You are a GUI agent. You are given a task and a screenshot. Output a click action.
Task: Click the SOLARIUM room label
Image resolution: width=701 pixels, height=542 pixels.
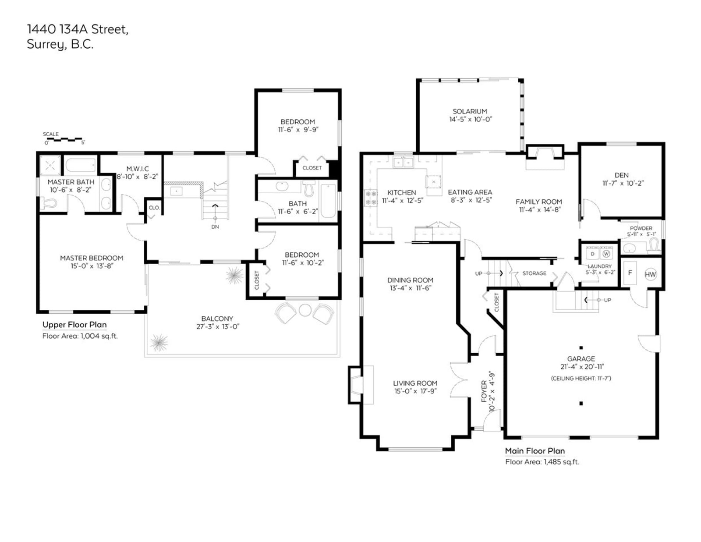click(x=470, y=111)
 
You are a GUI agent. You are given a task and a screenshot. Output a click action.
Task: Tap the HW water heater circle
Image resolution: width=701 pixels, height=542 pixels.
click(x=650, y=275)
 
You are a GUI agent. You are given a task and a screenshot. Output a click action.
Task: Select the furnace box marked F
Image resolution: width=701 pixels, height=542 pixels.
click(x=630, y=273)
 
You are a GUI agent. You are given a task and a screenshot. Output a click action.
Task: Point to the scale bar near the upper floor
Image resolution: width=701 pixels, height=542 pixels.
click(x=62, y=139)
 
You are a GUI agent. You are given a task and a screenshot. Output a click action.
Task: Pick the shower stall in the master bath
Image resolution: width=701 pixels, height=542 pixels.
click(x=50, y=166)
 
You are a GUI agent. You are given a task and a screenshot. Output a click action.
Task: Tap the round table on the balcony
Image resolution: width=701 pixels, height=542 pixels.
click(x=305, y=310)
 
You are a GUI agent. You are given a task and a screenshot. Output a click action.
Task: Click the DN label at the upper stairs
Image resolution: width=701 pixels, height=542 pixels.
click(x=215, y=227)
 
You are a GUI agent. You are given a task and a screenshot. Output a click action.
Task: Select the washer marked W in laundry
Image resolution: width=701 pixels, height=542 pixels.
click(x=606, y=254)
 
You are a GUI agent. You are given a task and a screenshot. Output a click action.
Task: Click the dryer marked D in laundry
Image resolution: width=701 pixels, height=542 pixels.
click(x=593, y=254)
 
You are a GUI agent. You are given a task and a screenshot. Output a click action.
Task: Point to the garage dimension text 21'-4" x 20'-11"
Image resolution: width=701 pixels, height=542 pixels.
click(x=582, y=366)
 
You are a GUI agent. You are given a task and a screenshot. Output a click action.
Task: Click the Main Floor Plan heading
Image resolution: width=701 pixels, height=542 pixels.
click(x=535, y=451)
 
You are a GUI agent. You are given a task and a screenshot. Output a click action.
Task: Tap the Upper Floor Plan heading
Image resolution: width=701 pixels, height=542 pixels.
click(x=74, y=325)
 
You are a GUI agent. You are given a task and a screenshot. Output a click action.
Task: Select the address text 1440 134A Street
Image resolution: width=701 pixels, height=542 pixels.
click(x=78, y=29)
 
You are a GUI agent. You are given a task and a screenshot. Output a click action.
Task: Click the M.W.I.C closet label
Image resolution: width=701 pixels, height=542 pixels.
click(x=138, y=169)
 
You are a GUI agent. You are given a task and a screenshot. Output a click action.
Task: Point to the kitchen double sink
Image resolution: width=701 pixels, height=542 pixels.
click(x=403, y=163)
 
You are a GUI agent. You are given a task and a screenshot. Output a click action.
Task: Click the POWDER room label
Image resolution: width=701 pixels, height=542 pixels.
click(x=641, y=228)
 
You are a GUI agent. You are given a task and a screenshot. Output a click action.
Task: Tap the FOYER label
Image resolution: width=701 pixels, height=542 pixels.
click(x=484, y=392)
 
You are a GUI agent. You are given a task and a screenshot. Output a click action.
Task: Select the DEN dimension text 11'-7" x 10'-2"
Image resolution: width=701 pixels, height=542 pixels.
click(x=623, y=183)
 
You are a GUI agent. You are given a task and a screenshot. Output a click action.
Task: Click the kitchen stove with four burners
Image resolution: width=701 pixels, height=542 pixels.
click(x=371, y=198)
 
